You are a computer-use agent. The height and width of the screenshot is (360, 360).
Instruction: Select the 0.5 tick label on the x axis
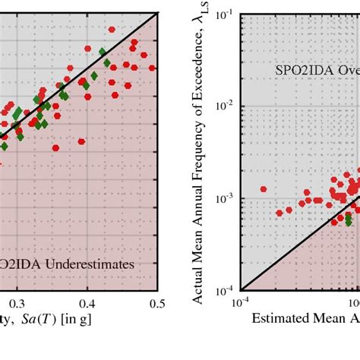tap(156, 302)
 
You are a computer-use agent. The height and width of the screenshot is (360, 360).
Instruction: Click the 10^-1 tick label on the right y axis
tap(225, 14)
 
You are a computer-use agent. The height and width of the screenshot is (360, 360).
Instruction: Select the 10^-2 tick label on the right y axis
tap(225, 106)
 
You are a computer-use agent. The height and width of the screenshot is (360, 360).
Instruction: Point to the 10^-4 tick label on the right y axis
tap(225, 289)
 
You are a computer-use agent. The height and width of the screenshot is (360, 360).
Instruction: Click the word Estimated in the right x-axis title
tap(276, 320)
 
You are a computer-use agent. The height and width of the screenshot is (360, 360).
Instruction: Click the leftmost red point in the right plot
tap(264, 189)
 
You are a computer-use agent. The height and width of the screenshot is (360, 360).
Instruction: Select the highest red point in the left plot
tap(112, 30)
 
